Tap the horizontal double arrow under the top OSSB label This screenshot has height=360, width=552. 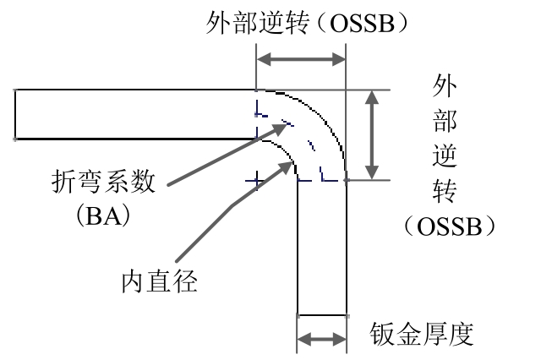301,59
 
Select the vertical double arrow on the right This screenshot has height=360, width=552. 370,134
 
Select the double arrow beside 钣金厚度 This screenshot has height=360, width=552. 322,339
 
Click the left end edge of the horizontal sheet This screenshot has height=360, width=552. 15,113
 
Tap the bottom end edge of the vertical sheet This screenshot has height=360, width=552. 322,312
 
